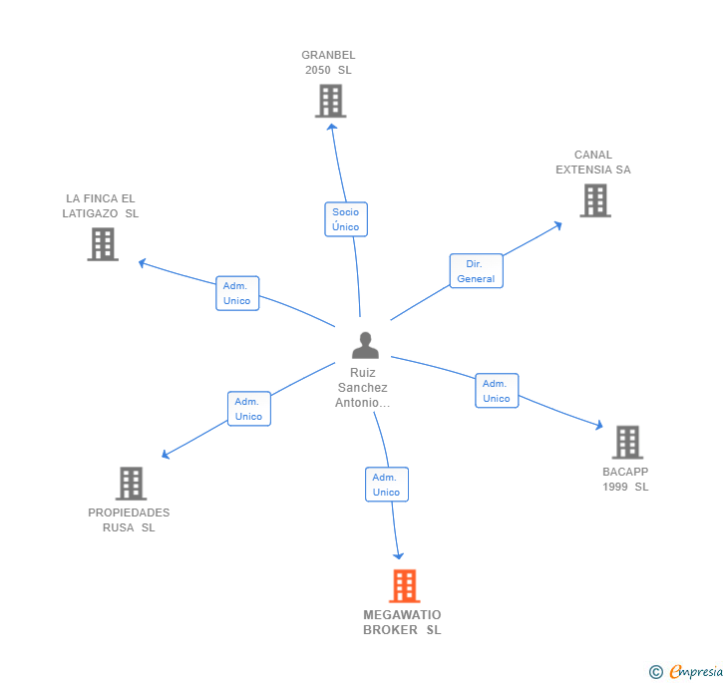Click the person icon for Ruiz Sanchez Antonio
coord(366,345)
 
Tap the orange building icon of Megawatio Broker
coord(404,586)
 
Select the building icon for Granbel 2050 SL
coord(330,101)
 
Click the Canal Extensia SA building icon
coord(595,200)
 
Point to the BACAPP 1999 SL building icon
coord(626,442)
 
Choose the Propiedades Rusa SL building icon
coord(131,484)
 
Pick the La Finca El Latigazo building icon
coord(103,244)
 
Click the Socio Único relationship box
coord(346,219)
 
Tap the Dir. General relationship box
coord(476,271)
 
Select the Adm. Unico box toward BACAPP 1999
coord(497,391)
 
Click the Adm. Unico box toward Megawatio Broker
coord(386,485)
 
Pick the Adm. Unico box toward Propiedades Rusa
coord(248,409)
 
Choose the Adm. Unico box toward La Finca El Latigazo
coord(237,293)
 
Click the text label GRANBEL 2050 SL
coord(328,63)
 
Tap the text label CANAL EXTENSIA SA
coord(593,163)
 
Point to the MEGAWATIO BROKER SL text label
coord(402,622)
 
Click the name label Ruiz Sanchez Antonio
coord(363,388)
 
